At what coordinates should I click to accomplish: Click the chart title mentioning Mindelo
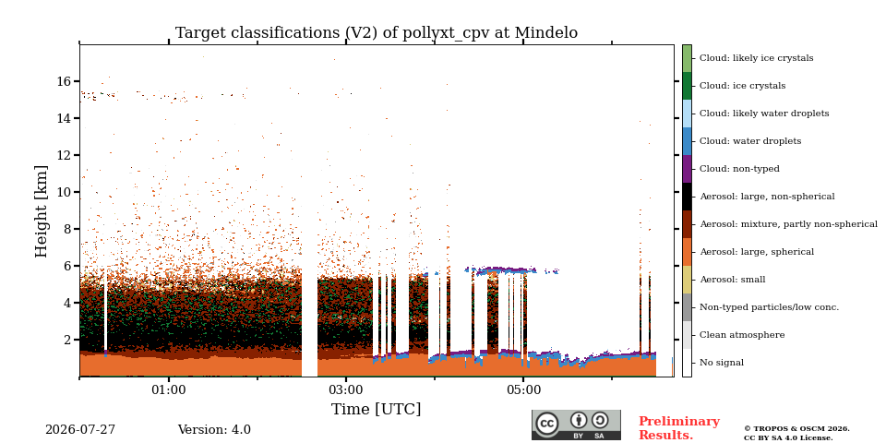(x=377, y=33)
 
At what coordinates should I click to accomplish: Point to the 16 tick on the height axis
(x=64, y=81)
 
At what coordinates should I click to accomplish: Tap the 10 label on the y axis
(x=64, y=192)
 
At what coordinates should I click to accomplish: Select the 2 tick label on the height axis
(x=67, y=340)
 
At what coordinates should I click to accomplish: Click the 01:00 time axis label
(x=168, y=389)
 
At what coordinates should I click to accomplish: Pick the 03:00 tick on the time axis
(x=346, y=389)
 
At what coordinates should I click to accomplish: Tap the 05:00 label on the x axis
(x=523, y=389)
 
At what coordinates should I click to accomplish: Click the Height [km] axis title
(x=42, y=211)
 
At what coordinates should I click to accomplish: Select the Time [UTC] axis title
(x=377, y=409)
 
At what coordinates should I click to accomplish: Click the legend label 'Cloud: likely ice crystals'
(x=756, y=58)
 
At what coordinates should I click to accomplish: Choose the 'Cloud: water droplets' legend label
(x=749, y=141)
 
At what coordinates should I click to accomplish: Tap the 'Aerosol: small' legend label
(x=732, y=280)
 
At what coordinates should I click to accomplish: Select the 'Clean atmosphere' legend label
(x=742, y=335)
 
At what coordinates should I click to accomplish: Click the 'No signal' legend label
(x=722, y=363)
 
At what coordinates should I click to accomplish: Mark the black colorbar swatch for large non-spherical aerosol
(x=687, y=197)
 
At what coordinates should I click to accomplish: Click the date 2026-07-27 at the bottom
(x=80, y=430)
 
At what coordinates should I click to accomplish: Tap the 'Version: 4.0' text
(x=214, y=430)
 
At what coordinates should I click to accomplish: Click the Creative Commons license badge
(x=576, y=425)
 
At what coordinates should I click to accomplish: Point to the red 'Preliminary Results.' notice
(x=679, y=428)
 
